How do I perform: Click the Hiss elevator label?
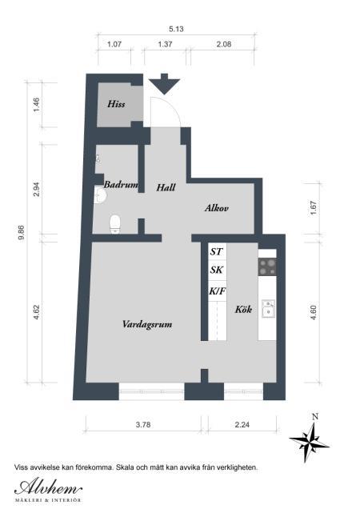(116, 104)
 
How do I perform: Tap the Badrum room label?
(121, 185)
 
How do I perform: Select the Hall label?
(166, 187)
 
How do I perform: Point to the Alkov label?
(217, 208)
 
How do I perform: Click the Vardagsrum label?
(147, 324)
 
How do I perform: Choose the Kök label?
(243, 309)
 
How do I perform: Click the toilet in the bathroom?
(115, 224)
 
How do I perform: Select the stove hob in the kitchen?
(267, 267)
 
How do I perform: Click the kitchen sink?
(268, 308)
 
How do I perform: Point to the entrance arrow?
(164, 84)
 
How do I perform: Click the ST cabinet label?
(216, 251)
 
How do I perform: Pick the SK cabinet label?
(217, 270)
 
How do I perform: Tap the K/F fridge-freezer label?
(217, 291)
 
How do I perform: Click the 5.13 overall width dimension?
(176, 29)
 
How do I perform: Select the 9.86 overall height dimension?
(22, 232)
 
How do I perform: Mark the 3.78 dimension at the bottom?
(143, 424)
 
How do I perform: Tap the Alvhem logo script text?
(48, 487)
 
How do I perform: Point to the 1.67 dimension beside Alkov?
(314, 208)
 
